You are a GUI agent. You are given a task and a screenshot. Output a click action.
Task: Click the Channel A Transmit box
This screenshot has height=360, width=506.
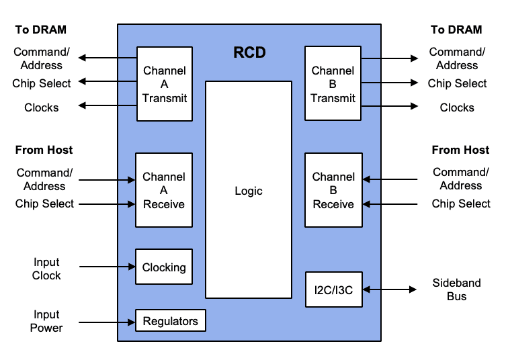165,84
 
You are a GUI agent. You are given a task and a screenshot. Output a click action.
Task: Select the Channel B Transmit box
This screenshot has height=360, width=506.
333,84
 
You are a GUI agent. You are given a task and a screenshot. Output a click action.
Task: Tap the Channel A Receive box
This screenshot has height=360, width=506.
164,190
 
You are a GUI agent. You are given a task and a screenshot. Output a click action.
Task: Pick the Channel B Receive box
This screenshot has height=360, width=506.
333,190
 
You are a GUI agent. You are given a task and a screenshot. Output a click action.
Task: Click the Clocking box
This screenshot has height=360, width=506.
164,267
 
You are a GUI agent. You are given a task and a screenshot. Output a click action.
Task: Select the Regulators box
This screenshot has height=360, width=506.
171,321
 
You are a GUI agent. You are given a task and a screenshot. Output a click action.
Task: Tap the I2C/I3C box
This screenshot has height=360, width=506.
333,289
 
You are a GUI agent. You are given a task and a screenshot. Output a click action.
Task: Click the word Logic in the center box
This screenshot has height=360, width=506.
249,191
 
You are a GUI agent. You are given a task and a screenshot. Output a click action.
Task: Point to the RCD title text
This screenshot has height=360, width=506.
249,52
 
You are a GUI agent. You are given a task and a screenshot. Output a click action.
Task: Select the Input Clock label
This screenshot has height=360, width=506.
46,269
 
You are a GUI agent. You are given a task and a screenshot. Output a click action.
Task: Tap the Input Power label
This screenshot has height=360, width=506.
46,321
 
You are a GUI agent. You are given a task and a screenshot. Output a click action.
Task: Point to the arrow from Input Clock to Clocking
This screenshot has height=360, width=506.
108,267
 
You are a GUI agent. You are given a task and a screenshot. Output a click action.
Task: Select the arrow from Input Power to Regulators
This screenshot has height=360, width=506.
108,321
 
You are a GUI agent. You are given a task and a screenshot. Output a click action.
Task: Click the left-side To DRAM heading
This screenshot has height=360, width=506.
41,30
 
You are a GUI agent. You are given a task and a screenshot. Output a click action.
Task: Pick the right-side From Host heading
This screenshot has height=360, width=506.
460,150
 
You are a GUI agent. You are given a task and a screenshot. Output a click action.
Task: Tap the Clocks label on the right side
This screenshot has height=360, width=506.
457,107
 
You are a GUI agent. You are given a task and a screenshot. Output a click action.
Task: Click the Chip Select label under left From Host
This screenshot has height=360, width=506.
44,204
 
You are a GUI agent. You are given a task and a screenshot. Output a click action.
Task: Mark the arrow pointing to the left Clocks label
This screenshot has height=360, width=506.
108,105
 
